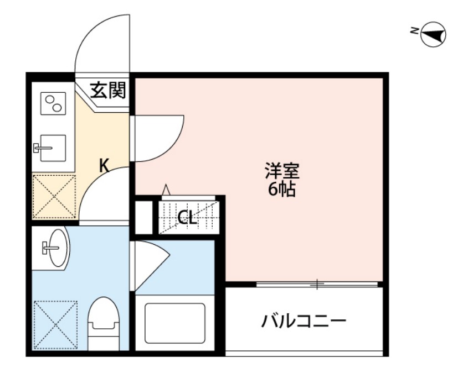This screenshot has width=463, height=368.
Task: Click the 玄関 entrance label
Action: [109, 90]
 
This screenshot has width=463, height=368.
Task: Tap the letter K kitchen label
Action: [104, 165]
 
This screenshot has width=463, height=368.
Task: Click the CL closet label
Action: [188, 218]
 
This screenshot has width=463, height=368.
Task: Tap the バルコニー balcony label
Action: [304, 320]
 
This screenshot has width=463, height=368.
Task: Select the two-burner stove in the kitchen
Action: [53, 103]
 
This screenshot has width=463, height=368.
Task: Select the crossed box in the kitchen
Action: [54, 196]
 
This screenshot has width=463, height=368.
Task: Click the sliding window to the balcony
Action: [316, 285]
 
